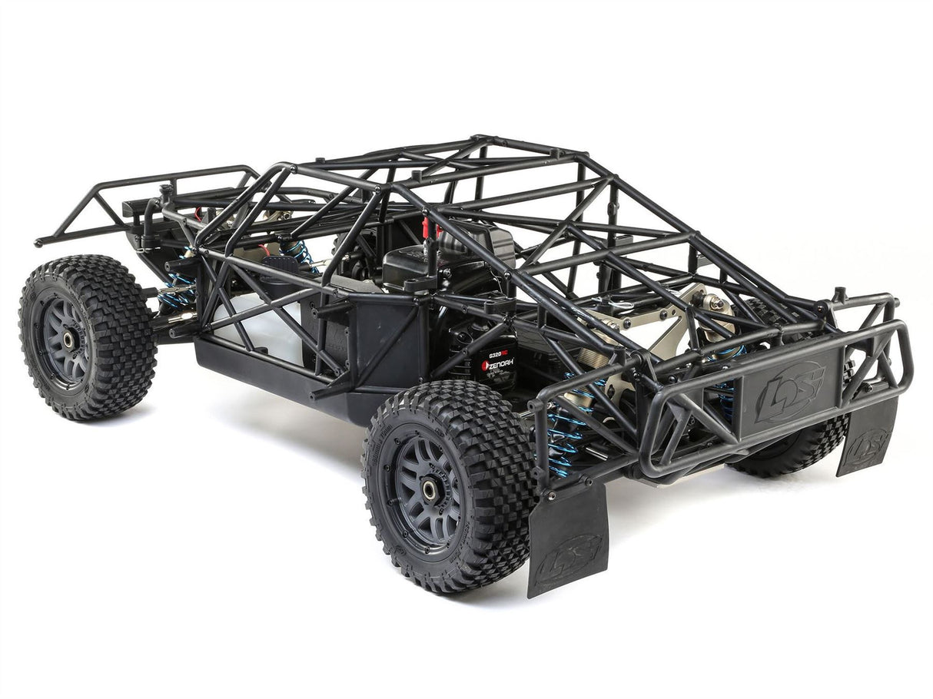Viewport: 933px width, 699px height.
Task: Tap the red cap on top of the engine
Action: point(425,227)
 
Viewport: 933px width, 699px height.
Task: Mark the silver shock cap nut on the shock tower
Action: point(717,303)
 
